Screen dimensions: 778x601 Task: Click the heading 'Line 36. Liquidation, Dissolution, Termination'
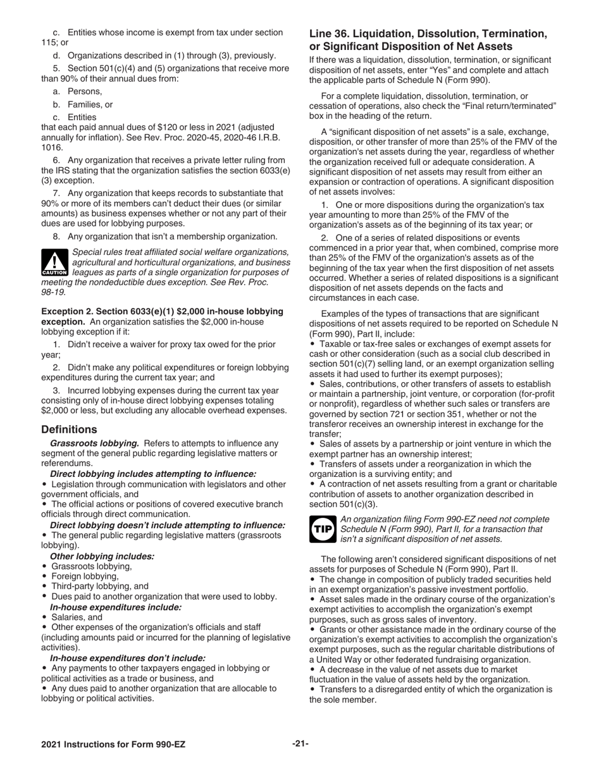(428, 33)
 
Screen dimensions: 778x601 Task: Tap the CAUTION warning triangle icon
(54, 262)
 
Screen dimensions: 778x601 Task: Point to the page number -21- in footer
(300, 744)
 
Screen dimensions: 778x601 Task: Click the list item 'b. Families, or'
(83, 105)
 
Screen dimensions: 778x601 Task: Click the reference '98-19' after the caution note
(53, 292)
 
